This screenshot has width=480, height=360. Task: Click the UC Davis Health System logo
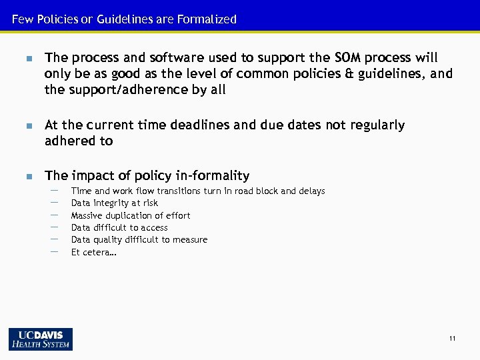(41, 339)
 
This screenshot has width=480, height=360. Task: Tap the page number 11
(452, 339)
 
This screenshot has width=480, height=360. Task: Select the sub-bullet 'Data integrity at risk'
(114, 203)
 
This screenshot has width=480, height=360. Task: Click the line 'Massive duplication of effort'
(130, 215)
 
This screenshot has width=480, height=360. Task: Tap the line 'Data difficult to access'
(119, 227)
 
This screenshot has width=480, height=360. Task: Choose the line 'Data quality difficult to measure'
(139, 239)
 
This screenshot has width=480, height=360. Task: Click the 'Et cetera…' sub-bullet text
(93, 252)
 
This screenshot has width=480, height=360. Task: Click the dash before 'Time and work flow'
(54, 191)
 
